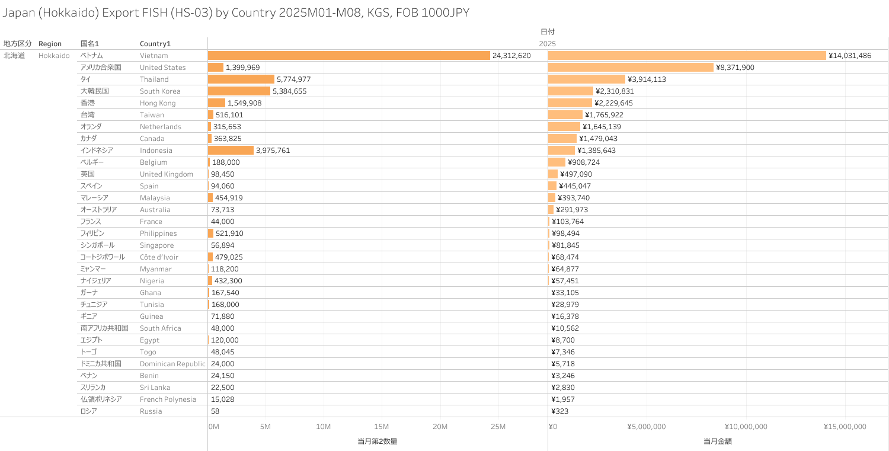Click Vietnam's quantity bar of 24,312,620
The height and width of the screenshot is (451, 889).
[348, 56]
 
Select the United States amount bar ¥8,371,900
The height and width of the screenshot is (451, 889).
[631, 68]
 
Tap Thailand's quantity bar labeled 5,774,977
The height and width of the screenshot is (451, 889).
[241, 79]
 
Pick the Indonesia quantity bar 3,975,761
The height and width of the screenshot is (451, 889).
[231, 151]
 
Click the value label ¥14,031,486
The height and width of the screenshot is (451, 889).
[850, 56]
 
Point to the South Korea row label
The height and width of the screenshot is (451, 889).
[160, 91]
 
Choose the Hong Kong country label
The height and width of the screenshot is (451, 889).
[158, 103]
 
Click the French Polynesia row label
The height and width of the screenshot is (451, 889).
[168, 399]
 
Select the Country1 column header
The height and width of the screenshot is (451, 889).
[155, 44]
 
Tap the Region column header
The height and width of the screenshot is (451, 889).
[50, 44]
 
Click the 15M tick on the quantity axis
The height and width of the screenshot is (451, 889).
[382, 427]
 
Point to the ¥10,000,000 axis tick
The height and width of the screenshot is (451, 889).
[746, 427]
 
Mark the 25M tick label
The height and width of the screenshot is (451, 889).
[498, 427]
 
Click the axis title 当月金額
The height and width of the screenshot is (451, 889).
[718, 441]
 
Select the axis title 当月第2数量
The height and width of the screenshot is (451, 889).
[377, 441]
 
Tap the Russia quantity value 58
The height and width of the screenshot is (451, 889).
[215, 411]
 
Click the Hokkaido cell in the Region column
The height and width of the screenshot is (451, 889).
[54, 56]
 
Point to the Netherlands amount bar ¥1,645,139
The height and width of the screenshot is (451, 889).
[564, 127]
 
